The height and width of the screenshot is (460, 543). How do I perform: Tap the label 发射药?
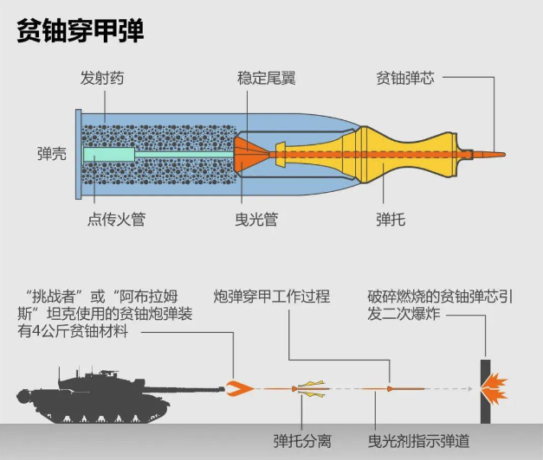pyautogui.click(x=102, y=79)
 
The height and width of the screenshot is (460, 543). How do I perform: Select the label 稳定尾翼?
pyautogui.click(x=266, y=79)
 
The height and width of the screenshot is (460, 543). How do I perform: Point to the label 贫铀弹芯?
pyautogui.click(x=404, y=79)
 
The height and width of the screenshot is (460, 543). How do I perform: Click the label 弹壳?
pyautogui.click(x=52, y=155)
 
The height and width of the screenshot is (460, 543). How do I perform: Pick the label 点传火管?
pyautogui.click(x=116, y=220)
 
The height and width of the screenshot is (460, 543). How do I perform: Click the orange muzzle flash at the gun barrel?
pyautogui.click(x=236, y=388)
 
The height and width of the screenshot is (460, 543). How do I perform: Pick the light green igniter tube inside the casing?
pyautogui.click(x=109, y=156)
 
